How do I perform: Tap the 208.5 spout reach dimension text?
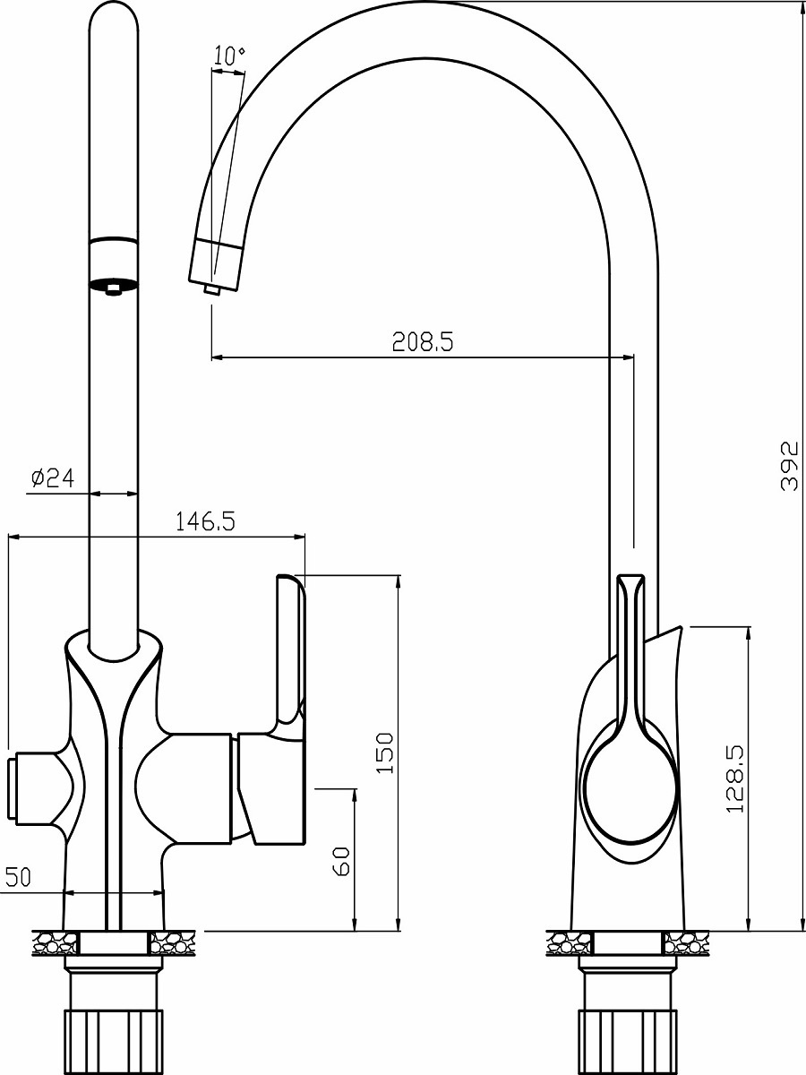pyautogui.click(x=424, y=342)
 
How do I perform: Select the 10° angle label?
pyautogui.click(x=229, y=56)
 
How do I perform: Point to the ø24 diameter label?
pyautogui.click(x=53, y=478)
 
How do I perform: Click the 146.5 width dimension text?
pyautogui.click(x=206, y=521)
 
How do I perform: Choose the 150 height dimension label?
pyautogui.click(x=385, y=753)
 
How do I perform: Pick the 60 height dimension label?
pyautogui.click(x=341, y=861)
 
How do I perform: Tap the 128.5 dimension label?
pyautogui.click(x=734, y=779)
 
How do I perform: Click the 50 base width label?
pyautogui.click(x=18, y=877)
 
